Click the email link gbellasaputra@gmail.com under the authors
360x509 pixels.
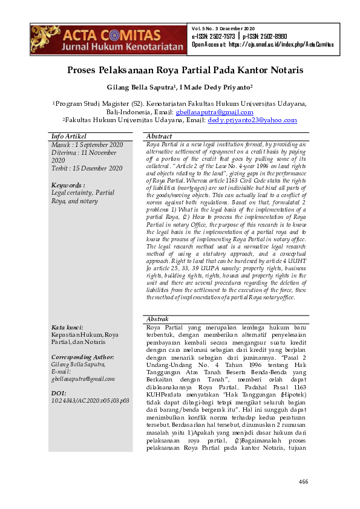point(214,112)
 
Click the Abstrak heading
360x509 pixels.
point(158,319)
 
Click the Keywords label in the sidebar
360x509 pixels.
point(68,185)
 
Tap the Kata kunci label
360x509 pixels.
point(67,327)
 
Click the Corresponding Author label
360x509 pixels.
point(83,357)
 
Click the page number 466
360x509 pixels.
point(304,482)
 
